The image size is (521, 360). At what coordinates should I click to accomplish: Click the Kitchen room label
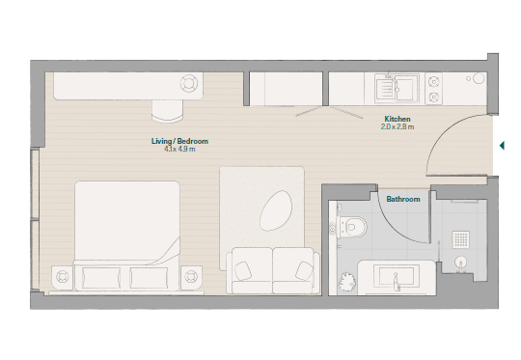398,119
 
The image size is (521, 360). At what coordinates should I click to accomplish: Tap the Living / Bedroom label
179,141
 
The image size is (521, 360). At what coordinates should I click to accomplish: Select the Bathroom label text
403,199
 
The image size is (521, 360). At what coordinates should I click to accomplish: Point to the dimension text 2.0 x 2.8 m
398,126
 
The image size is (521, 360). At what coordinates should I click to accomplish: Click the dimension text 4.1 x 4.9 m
179,149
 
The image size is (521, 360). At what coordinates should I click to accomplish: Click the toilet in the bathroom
350,227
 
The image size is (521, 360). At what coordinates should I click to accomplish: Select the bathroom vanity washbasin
396,276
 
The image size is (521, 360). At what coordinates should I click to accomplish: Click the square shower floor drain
460,239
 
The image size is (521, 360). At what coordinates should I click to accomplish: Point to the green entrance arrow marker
502,146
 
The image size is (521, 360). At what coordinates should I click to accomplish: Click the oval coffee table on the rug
276,210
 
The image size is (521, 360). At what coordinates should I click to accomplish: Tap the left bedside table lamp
62,276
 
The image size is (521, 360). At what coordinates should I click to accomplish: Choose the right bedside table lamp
191,276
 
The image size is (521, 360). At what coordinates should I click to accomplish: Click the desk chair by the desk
168,111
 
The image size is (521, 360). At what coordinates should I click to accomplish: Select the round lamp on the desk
189,83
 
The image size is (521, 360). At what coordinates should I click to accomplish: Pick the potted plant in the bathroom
347,282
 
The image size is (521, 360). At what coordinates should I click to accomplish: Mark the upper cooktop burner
433,82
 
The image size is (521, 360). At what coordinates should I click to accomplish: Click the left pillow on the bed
101,278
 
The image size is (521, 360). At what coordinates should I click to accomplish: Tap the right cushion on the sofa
304,270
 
